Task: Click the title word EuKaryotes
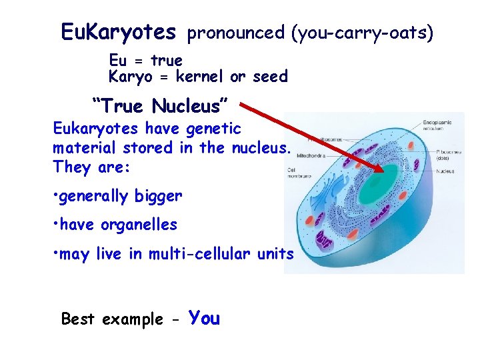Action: (x=118, y=31)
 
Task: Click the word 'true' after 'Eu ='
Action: (x=167, y=61)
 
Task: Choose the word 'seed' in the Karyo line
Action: (x=270, y=77)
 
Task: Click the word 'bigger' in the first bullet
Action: (x=158, y=196)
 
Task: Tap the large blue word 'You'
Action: (x=204, y=318)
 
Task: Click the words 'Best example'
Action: (x=112, y=319)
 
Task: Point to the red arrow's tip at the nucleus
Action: (x=382, y=171)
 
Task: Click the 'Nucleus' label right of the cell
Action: (x=445, y=171)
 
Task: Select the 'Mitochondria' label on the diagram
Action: (x=322, y=151)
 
